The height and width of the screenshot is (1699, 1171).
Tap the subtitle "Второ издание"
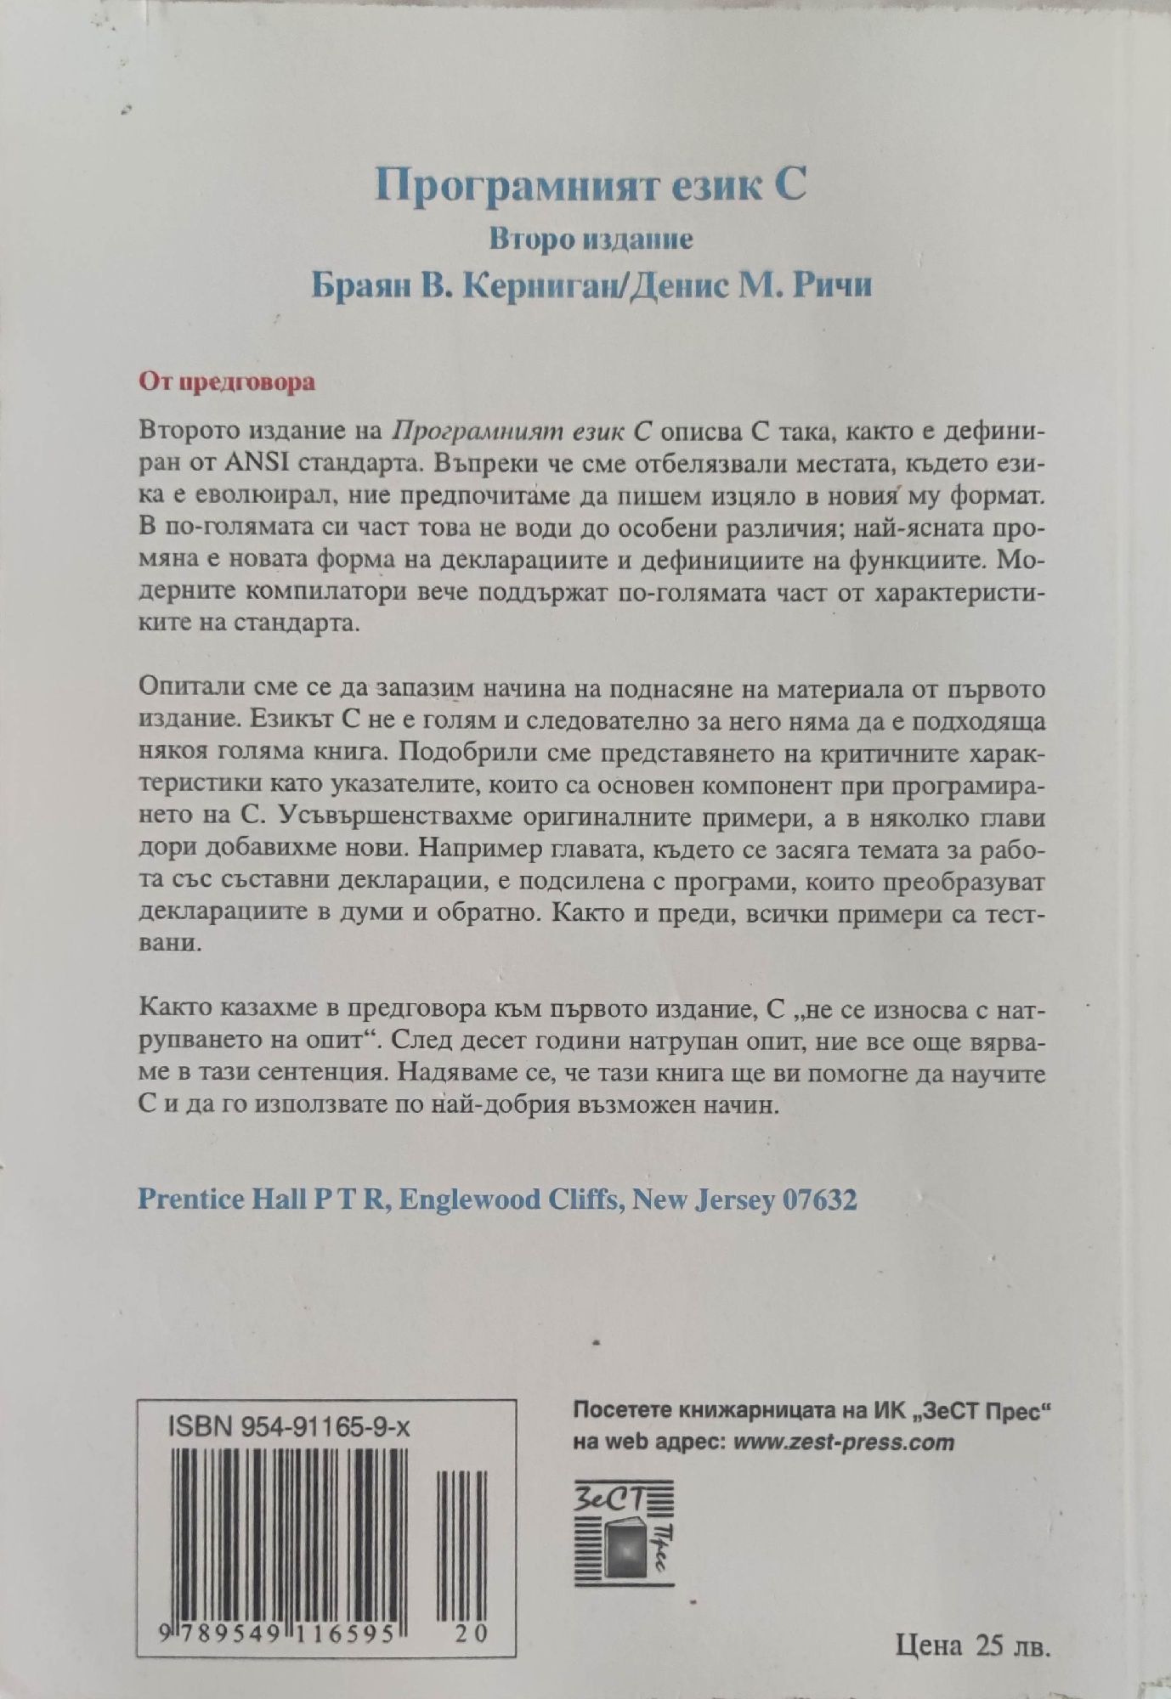[x=591, y=240]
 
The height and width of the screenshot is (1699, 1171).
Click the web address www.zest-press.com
[x=844, y=1441]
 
